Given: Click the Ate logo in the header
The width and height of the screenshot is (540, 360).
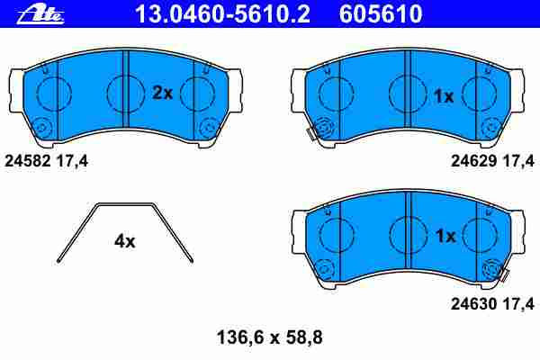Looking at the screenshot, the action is click(x=40, y=14).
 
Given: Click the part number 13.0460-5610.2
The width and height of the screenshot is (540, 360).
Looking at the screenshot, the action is click(x=222, y=14).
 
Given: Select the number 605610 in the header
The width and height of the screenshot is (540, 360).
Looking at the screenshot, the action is click(x=381, y=14).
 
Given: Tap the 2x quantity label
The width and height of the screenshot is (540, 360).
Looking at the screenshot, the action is click(x=162, y=93).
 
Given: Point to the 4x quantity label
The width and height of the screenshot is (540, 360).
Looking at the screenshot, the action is click(x=125, y=241).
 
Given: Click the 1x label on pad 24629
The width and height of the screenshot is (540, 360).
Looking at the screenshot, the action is click(x=444, y=96).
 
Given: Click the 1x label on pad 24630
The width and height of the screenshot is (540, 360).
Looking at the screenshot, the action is click(x=445, y=236).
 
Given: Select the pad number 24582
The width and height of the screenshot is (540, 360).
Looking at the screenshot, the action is click(x=28, y=161).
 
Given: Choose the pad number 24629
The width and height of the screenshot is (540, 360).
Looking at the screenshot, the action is click(x=474, y=161).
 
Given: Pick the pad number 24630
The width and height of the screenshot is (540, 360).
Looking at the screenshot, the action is click(x=474, y=304).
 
